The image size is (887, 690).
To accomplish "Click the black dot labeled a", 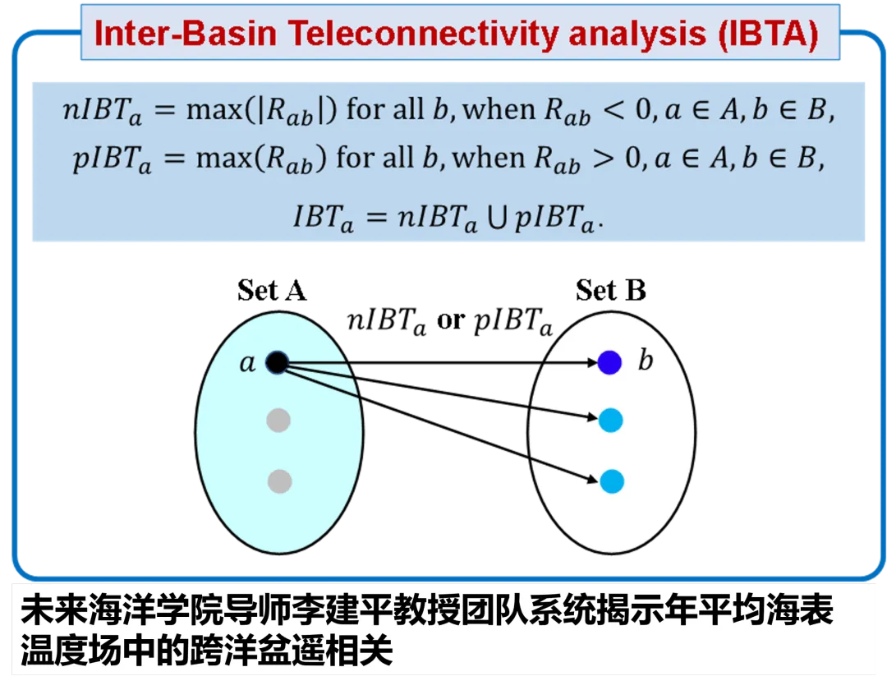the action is coord(278,362).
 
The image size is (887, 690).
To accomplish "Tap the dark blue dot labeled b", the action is coord(609,362).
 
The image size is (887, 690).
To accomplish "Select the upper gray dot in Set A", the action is coord(278,421).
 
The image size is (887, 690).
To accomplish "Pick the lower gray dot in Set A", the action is coord(279,481).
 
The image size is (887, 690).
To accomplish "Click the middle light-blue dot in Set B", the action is coord(611,421).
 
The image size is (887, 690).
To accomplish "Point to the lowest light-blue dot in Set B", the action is coord(612,481).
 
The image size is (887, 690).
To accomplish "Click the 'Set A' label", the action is coord(272,290).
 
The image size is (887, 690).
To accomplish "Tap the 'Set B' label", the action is coord(611,290).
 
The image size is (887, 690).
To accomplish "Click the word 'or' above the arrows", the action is coord(450,321).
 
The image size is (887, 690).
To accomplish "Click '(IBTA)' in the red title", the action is coord(768,34).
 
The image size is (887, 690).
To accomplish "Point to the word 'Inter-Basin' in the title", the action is coord(186,34).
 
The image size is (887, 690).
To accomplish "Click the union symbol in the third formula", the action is coord(497,218).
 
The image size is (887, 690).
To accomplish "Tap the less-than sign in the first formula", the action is coord(614,109).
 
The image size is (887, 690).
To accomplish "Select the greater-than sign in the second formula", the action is coord(604,158).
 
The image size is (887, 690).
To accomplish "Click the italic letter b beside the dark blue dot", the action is coord(646,360).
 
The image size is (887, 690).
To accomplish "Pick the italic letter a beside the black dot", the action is coord(247,362).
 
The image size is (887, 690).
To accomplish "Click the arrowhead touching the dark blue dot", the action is coord(592,362).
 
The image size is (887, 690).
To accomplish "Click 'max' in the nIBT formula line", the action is coord(215,110).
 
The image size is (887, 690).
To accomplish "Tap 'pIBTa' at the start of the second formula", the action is coord(112,160).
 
